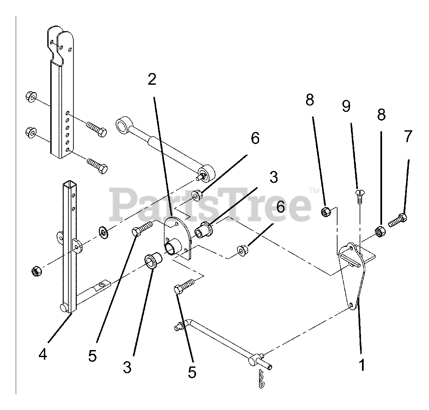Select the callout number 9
click(x=347, y=106)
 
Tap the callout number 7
click(x=407, y=137)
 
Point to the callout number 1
click(x=361, y=365)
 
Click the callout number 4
click(x=43, y=354)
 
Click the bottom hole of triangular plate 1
click(x=351, y=305)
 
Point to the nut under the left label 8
click(x=326, y=212)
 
